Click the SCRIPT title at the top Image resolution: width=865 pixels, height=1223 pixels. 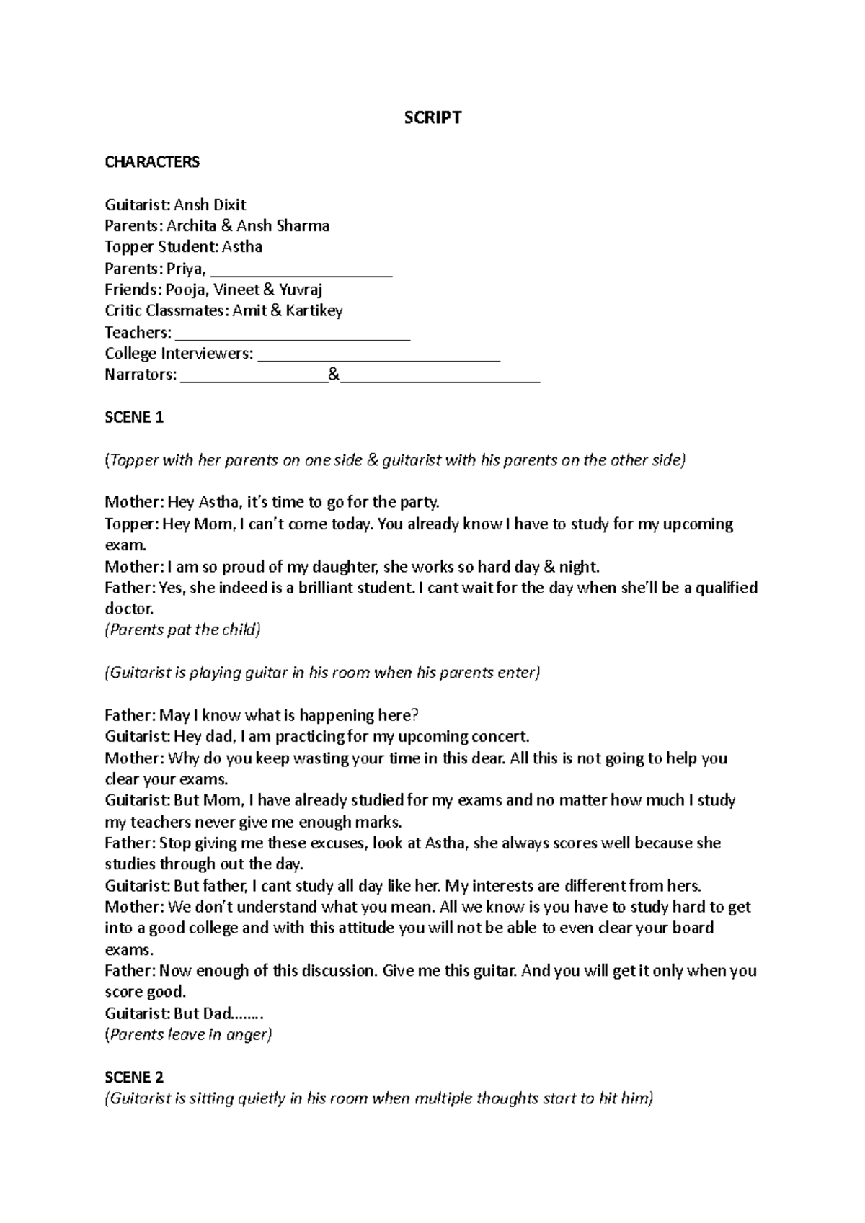coord(432,117)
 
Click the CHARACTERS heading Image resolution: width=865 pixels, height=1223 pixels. coord(152,161)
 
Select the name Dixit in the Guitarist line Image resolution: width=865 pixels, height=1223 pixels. coord(229,205)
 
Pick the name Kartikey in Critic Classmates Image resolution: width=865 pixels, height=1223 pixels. coord(314,311)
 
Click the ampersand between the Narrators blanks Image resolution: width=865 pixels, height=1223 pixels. coord(333,375)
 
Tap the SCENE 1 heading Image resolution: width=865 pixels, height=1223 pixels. coord(134,418)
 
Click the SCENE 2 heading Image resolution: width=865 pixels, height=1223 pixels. coord(134,1078)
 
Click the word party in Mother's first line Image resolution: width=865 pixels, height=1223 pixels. coord(418,502)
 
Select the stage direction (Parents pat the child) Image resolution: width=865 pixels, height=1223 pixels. coord(182,630)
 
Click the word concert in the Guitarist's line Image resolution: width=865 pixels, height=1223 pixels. coord(500,737)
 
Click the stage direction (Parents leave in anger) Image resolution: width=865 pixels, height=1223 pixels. coord(188,1035)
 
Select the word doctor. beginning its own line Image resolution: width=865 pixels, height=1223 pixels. coord(130,609)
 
